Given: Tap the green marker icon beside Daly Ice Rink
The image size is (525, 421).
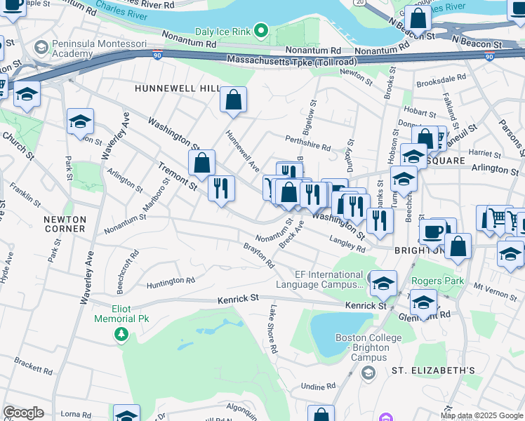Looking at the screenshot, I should coord(261,30).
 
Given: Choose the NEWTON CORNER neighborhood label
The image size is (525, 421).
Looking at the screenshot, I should coord(65,224).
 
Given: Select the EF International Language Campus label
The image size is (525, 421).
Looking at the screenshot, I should coord(320,280).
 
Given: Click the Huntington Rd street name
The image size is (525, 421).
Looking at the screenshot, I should coord(171,283).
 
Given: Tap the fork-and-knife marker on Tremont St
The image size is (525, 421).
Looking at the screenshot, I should coord(220,188).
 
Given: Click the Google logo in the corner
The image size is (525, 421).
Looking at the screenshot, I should coord(23,413).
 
